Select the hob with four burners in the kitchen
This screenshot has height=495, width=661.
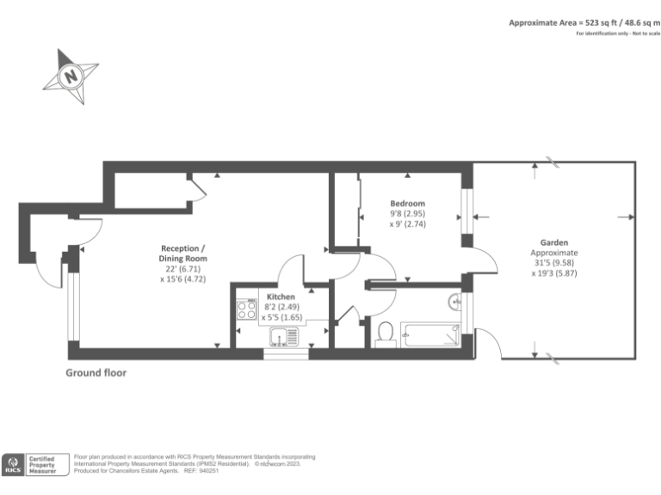pyautogui.click(x=246, y=310)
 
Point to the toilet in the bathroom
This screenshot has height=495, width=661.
pyautogui.click(x=386, y=333)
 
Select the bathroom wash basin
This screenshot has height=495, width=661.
pyautogui.click(x=454, y=302)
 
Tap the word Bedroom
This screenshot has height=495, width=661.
pyautogui.click(x=407, y=204)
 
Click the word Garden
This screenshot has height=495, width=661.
pyautogui.click(x=554, y=242)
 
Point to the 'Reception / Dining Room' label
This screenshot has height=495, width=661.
pyautogui.click(x=182, y=253)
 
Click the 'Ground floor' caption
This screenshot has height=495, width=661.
pyautogui.click(x=96, y=373)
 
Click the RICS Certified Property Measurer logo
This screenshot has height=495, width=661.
pyautogui.click(x=34, y=464)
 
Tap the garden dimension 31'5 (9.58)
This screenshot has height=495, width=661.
pyautogui.click(x=554, y=264)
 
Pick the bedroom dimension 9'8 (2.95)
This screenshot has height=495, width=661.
pyautogui.click(x=407, y=214)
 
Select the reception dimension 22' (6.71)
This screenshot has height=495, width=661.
pyautogui.click(x=182, y=269)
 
